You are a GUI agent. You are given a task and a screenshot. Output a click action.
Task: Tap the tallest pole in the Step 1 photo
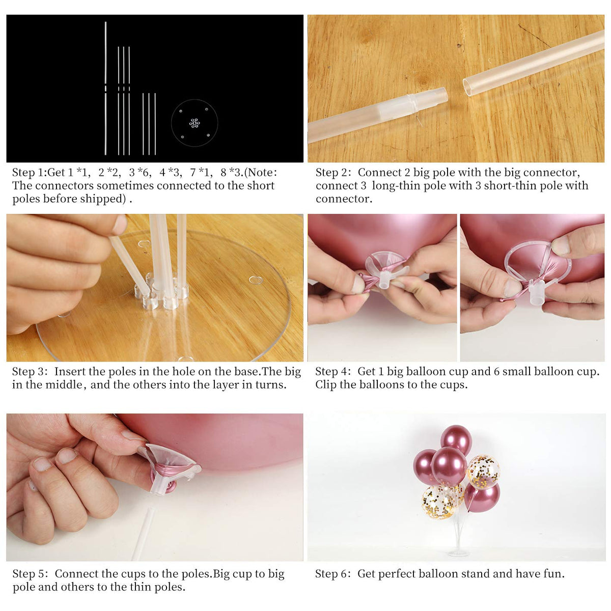pyautogui.click(x=105, y=88)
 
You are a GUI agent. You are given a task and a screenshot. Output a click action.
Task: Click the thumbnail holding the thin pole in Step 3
pyautogui.click(x=120, y=225)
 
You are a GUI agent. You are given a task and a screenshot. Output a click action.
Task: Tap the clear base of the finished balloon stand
pyautogui.click(x=458, y=553)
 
